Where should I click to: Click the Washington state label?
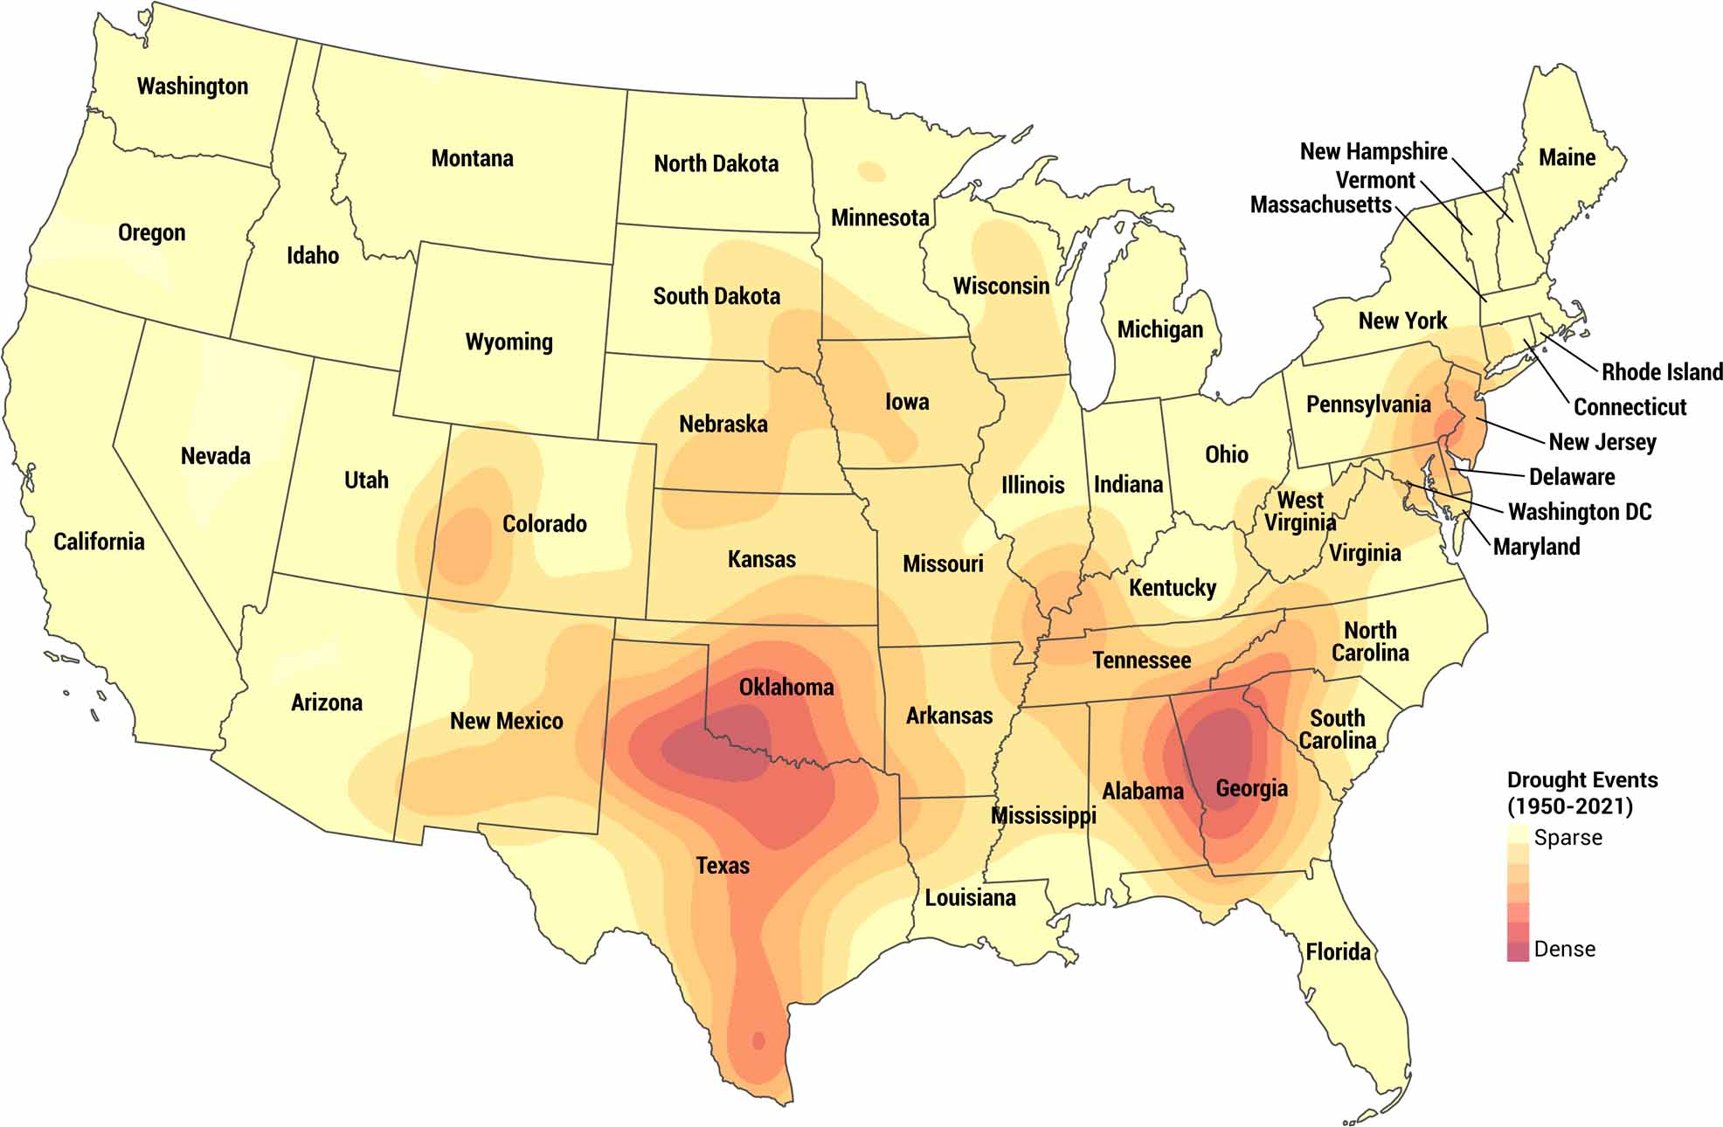(192, 86)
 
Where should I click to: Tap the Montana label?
(472, 159)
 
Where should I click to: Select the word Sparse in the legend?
(1567, 838)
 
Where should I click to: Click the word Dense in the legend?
(1564, 950)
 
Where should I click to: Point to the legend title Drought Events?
(1581, 780)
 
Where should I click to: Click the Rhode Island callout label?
(1661, 372)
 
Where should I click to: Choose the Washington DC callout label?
(1580, 512)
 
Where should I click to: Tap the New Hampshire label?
(1374, 152)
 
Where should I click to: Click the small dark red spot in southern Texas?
(758, 1041)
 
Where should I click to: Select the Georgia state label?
(1251, 789)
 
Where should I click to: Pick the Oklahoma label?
(786, 688)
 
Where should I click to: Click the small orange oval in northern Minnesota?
(870, 171)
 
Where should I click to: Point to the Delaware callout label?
(1571, 477)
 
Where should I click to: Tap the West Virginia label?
(1300, 512)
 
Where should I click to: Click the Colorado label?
(544, 524)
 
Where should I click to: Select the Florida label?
(1338, 952)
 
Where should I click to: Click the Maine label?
(1567, 158)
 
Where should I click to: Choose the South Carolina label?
(1337, 729)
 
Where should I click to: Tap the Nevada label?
(215, 456)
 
